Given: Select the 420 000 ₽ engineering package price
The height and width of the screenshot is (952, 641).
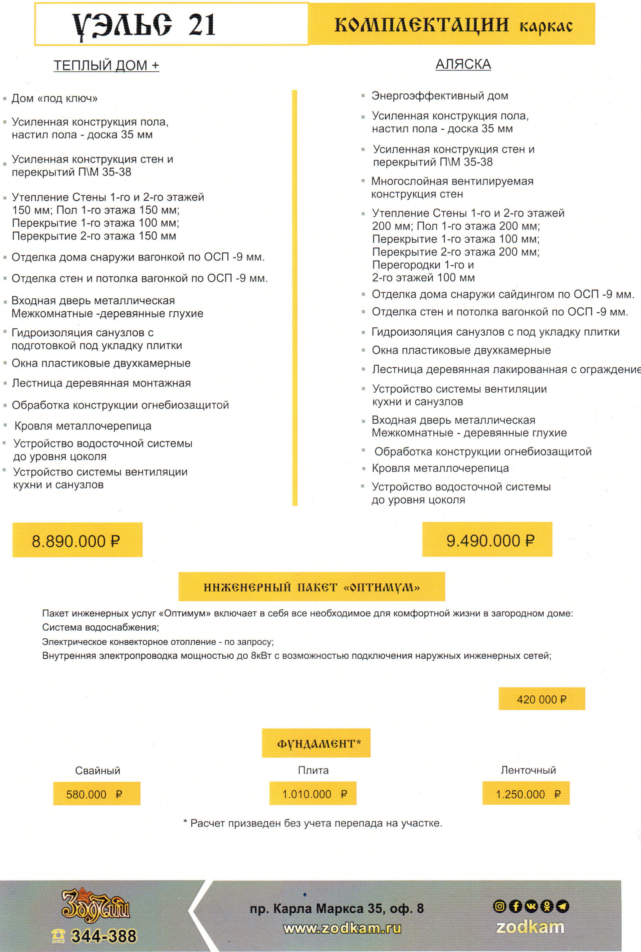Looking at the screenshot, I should (541, 699).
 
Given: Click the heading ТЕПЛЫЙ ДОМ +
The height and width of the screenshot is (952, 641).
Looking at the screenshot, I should (106, 65).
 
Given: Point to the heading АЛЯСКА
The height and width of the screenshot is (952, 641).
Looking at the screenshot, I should (463, 64).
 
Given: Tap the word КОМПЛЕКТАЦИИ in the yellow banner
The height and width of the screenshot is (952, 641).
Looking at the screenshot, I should (421, 25).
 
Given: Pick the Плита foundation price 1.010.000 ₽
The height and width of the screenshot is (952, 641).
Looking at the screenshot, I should (313, 794).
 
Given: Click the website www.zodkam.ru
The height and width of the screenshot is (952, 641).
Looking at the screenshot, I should (342, 928).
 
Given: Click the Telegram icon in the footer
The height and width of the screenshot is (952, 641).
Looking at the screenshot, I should (563, 906).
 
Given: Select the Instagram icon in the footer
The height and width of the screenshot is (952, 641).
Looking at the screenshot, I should (499, 906).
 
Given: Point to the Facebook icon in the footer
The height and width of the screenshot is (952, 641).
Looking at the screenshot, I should (515, 906).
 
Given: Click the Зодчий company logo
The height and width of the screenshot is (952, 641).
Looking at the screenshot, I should (95, 906).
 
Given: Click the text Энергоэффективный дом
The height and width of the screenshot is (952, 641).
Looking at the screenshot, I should (439, 96).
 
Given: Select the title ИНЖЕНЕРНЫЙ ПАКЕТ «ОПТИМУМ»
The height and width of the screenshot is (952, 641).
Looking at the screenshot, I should (311, 587).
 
